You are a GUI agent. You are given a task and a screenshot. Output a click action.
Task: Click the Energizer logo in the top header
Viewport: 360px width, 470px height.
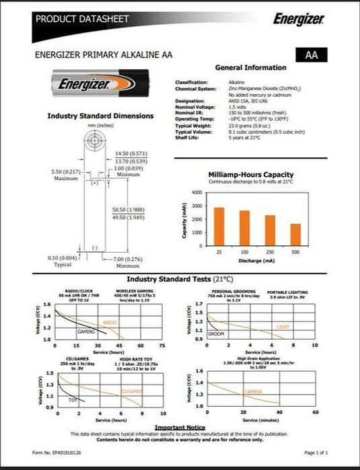point(299,19)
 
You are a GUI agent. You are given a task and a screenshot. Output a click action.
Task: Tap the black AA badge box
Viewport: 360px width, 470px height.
point(311,55)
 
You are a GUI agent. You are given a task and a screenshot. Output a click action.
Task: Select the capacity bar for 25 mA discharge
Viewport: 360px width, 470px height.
point(219,226)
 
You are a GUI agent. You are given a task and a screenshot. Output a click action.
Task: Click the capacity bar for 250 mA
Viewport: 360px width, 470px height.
point(270,230)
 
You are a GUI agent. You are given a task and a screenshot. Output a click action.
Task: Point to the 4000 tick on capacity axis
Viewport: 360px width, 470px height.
point(196,193)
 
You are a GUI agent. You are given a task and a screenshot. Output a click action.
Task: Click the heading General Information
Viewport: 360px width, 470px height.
point(250,68)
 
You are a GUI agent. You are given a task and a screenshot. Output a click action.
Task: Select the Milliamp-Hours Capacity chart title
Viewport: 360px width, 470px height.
point(250,175)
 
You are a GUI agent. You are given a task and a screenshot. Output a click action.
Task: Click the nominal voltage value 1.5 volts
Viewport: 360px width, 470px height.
point(238,107)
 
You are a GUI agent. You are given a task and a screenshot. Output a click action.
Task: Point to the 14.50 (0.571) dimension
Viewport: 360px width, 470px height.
point(131,154)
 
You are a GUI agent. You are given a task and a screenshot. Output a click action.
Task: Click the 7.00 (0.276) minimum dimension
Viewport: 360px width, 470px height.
point(124,259)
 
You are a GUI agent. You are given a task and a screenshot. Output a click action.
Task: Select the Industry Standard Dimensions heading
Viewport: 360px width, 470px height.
point(100,116)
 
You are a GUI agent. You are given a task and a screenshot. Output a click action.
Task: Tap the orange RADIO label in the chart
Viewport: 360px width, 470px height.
point(110,323)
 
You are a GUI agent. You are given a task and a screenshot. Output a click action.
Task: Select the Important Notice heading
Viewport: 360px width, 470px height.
point(180,428)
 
